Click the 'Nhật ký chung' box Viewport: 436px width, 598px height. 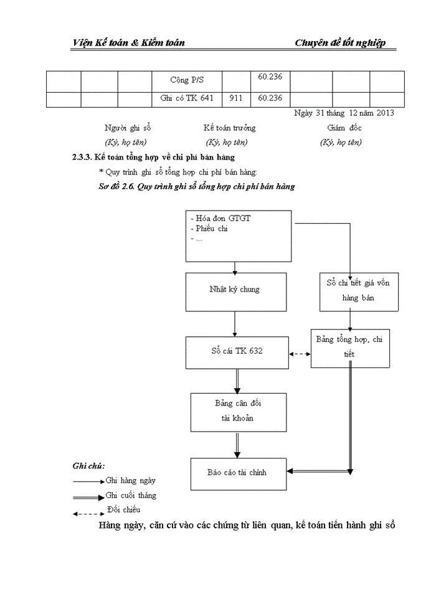[235, 290]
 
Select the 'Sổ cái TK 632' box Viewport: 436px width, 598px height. [237, 351]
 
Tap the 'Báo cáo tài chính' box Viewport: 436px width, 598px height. [237, 473]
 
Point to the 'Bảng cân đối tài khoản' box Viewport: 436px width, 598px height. [238, 411]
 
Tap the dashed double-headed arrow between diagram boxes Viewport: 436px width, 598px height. [300, 353]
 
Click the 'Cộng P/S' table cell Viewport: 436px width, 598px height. [187, 80]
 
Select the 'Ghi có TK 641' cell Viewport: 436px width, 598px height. [187, 98]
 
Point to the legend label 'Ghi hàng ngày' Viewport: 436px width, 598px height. [131, 480]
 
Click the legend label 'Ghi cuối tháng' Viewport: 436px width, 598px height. [131, 496]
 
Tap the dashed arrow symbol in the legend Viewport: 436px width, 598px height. [88, 513]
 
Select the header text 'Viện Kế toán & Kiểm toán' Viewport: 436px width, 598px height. [128, 42]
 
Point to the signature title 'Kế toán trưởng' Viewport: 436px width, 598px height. [229, 128]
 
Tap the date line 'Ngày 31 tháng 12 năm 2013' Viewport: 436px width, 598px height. [344, 113]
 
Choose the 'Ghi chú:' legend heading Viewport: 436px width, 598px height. [88, 465]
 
